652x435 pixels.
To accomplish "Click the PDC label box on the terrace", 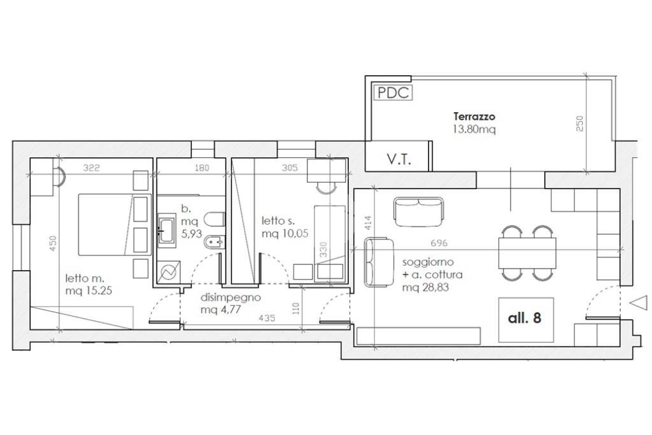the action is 393,92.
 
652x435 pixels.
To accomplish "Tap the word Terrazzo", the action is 474,117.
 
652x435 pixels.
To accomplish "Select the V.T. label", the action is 399,159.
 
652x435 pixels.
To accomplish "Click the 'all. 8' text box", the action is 526,319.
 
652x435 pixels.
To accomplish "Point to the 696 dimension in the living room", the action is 439,243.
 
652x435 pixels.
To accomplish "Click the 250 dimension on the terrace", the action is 580,124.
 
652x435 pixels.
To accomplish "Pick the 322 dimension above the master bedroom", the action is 92,168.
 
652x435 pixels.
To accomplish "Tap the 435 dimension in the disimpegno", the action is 267,318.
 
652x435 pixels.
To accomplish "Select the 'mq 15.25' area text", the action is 89,290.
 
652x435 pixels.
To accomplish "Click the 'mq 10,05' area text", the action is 285,234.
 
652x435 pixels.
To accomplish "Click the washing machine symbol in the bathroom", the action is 169,273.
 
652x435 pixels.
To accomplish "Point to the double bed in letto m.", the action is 115,224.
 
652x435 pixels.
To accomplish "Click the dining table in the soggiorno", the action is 527,253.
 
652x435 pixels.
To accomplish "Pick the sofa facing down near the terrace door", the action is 419,212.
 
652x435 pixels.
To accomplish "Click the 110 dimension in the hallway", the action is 295,308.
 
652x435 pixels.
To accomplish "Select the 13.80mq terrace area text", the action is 474,129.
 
